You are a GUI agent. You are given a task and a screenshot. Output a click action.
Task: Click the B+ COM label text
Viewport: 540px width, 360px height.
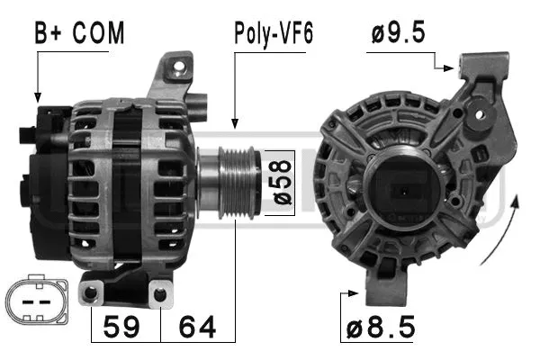pos(79,33)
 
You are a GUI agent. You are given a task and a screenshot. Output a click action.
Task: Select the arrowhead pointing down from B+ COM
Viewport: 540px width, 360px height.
pos(37,94)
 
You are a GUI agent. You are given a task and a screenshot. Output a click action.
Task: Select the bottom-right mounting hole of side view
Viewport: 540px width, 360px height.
pos(159,293)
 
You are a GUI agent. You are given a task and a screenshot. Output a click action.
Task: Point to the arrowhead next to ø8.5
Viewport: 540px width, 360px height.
pos(358,292)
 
